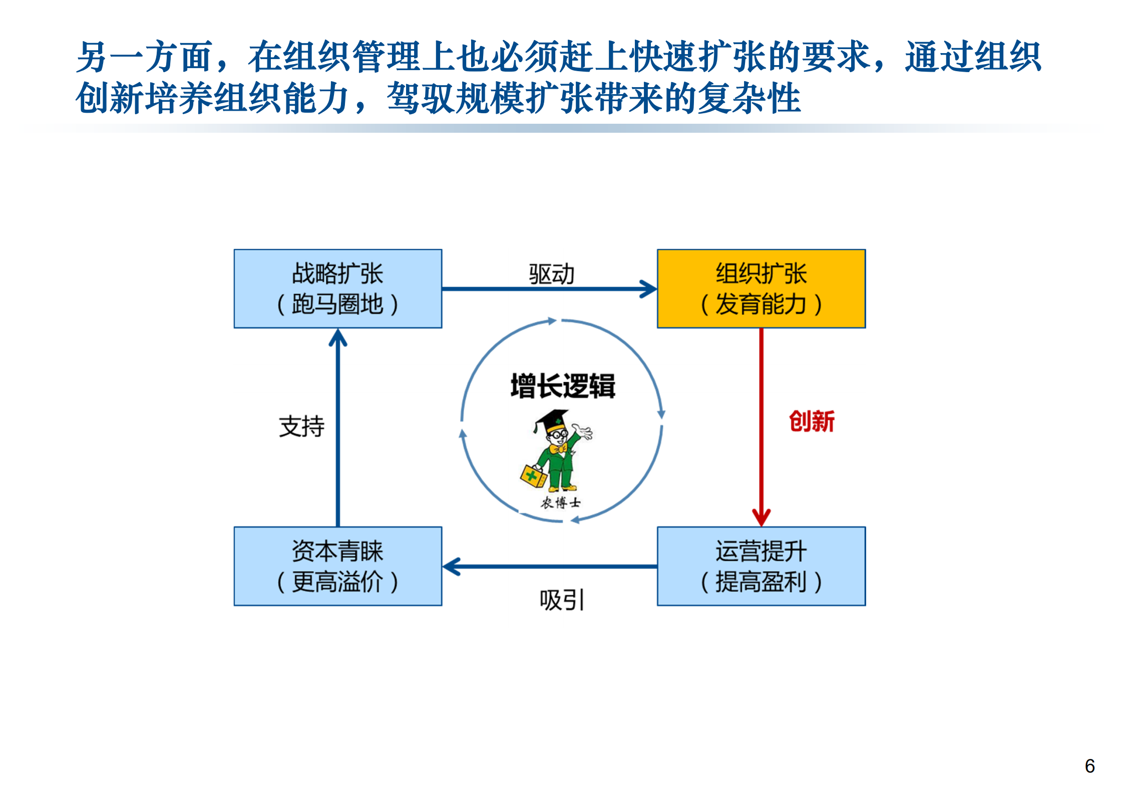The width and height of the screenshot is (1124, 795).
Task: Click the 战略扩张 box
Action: [x=337, y=289]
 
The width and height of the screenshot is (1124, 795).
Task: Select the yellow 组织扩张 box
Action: [x=761, y=289]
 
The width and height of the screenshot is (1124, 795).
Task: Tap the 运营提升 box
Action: [x=761, y=566]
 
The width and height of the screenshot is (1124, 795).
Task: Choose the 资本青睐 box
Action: [x=337, y=566]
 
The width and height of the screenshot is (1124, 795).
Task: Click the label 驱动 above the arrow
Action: [x=551, y=274]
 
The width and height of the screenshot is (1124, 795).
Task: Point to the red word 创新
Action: [x=811, y=421]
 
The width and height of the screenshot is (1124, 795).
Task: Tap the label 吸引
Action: [x=561, y=600]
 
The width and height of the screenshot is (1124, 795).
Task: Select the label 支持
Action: [x=301, y=426]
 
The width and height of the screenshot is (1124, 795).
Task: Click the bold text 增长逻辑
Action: [x=562, y=386]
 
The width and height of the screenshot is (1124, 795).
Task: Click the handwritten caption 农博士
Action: [x=560, y=502]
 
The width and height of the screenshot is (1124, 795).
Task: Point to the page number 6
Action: [x=1089, y=766]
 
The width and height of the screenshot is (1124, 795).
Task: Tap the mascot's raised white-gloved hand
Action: [x=583, y=430]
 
